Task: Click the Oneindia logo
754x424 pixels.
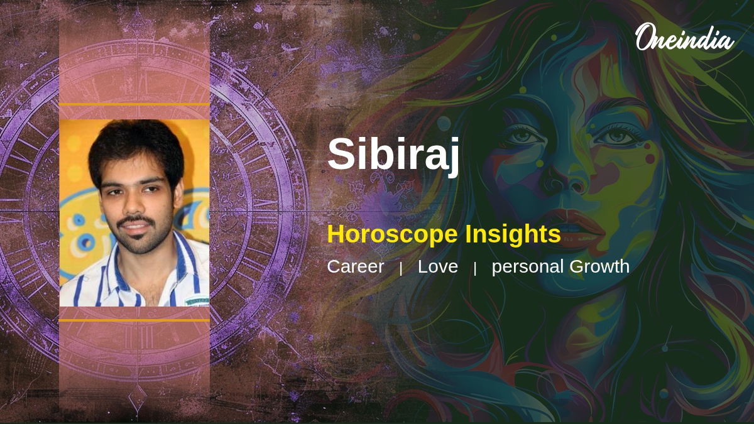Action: pyautogui.click(x=684, y=38)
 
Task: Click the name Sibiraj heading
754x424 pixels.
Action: pyautogui.click(x=393, y=154)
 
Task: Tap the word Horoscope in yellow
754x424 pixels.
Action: pyautogui.click(x=392, y=234)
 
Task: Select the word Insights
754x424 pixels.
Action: pyautogui.click(x=513, y=234)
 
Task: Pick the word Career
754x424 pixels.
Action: pyautogui.click(x=355, y=266)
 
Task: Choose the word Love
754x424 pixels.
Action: pyautogui.click(x=437, y=266)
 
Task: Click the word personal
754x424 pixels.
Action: pyautogui.click(x=528, y=267)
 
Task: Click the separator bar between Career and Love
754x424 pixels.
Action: pyautogui.click(x=401, y=268)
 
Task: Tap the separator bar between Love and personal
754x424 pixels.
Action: pyautogui.click(x=475, y=268)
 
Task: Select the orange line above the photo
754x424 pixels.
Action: pyautogui.click(x=134, y=104)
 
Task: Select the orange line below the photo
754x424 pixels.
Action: pyautogui.click(x=134, y=320)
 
